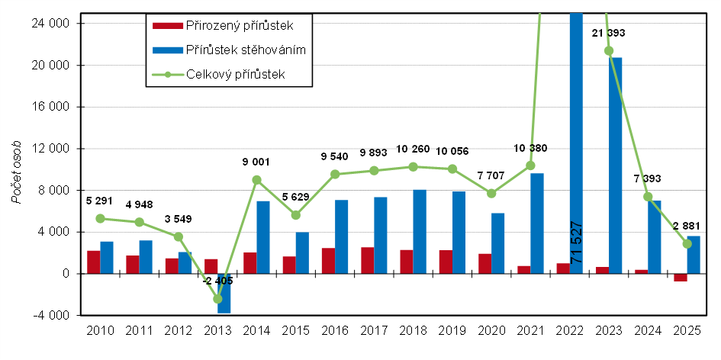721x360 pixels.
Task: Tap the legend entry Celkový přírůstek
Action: point(236,74)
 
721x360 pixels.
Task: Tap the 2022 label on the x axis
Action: point(569,331)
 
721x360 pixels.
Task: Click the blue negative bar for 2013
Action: point(224,293)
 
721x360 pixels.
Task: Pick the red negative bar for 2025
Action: point(681,277)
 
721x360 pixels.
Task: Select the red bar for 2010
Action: point(93,262)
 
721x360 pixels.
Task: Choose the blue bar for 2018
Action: point(420,231)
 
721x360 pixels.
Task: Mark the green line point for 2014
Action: point(256,180)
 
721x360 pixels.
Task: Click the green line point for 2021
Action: point(530,166)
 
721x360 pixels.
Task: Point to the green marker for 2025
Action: point(687,243)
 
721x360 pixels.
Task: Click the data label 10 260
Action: point(413,149)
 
